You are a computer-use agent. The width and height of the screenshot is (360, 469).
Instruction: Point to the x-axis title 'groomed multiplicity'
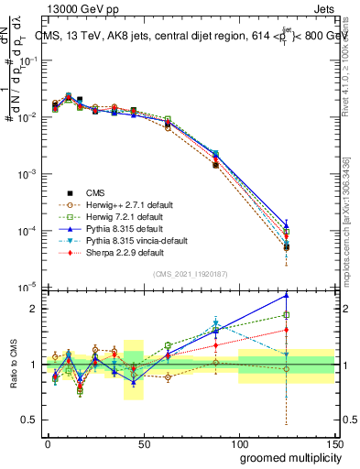(286, 457)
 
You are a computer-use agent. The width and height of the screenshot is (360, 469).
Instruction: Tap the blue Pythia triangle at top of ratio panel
(287, 295)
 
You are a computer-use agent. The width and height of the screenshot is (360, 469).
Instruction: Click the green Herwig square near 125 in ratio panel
(287, 315)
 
